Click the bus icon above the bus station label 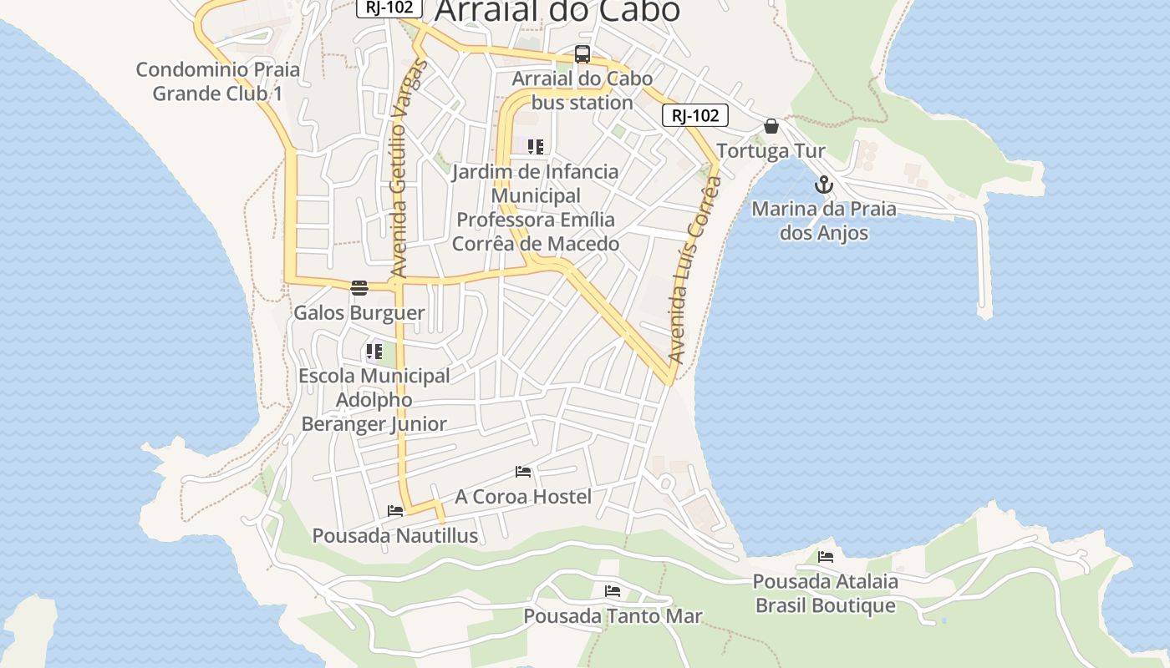pos(582,55)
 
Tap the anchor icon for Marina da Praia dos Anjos pos(824,185)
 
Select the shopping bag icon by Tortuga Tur pos(771,126)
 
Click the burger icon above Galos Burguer pos(359,288)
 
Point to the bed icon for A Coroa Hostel pos(523,472)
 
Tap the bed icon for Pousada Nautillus pos(395,510)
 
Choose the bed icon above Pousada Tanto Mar pos(613,591)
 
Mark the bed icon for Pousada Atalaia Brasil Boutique pos(826,557)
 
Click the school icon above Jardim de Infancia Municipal pos(536,147)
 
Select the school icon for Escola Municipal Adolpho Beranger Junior pos(374,352)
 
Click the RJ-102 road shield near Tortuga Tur pos(695,115)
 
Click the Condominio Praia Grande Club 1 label pos(217,81)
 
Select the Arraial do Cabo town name pos(557,11)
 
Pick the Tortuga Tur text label pos(771,151)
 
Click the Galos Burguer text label pos(359,313)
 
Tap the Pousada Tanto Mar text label pos(613,616)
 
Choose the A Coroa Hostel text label pos(523,497)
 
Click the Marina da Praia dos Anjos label pos(824,220)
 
